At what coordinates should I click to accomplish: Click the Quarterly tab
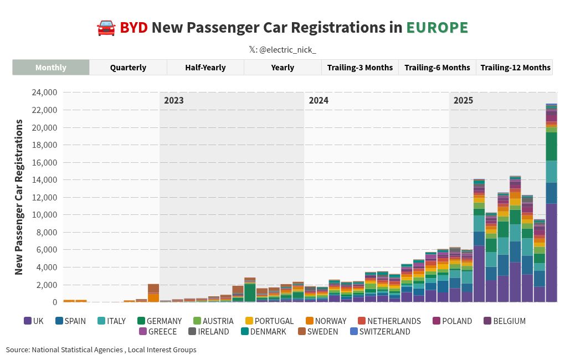click(128, 68)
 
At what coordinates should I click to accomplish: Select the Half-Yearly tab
click(205, 68)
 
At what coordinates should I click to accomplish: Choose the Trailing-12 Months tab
click(515, 68)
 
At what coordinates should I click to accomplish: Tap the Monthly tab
click(51, 68)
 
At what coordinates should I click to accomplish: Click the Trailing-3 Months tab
click(359, 68)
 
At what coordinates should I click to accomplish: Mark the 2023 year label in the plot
click(174, 101)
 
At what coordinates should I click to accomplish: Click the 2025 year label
click(463, 101)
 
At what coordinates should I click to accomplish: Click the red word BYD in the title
click(133, 28)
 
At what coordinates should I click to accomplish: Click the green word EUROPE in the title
click(437, 28)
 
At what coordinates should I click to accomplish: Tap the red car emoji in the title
click(105, 28)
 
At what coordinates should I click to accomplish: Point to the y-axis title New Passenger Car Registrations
click(19, 197)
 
